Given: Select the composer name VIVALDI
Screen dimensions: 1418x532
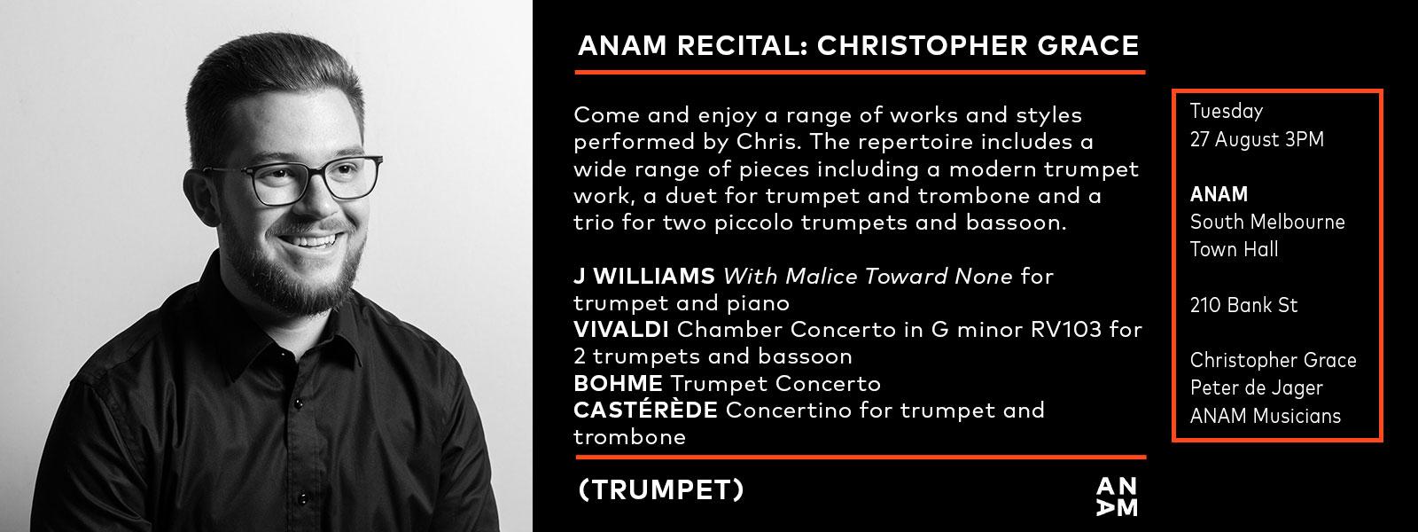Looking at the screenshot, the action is click(x=621, y=329).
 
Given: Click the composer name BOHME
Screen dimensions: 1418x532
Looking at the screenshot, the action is click(x=618, y=383).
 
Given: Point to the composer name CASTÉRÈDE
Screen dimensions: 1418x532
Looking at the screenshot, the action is click(x=645, y=409).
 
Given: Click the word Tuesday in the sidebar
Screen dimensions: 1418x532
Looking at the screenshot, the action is click(x=1227, y=112).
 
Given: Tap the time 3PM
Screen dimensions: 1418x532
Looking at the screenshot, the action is click(x=1304, y=139).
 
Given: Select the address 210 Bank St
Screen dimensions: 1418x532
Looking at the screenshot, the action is click(x=1243, y=305).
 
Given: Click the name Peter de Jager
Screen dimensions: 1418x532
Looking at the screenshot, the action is click(x=1256, y=388).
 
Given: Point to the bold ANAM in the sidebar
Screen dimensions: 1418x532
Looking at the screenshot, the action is click(x=1219, y=194).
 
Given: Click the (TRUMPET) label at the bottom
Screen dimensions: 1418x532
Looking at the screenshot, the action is click(x=661, y=489).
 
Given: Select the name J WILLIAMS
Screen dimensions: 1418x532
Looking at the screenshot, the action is click(x=643, y=276).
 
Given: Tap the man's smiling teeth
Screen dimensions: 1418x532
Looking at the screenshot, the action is click(x=311, y=241).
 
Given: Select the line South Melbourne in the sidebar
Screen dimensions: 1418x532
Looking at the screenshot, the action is click(x=1267, y=222).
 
